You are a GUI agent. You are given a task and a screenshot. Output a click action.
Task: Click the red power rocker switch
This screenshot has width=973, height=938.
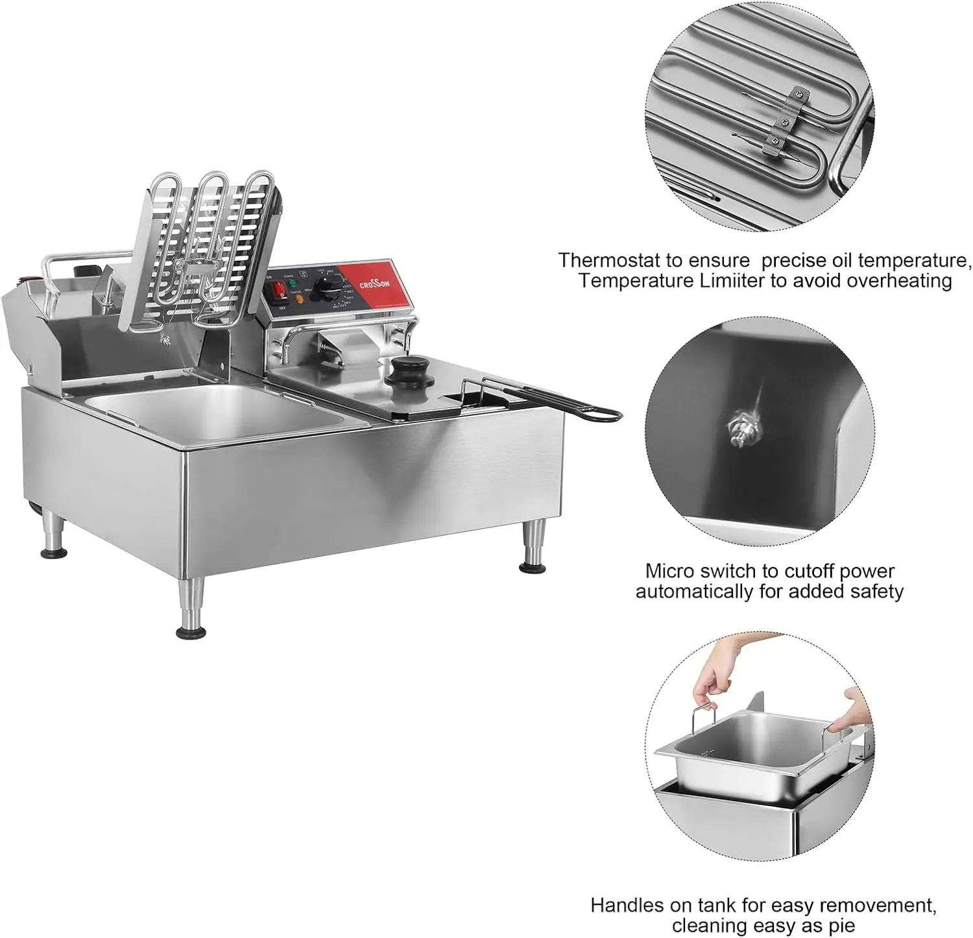click(281, 293)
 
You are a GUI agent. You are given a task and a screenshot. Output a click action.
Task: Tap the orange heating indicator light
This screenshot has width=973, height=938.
click(298, 300)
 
